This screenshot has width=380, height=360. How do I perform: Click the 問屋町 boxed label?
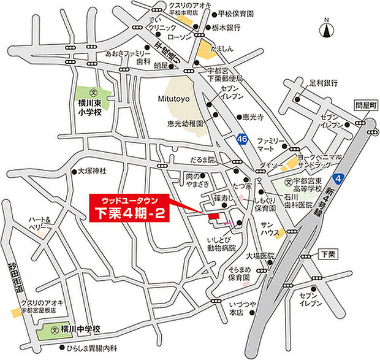[x=363, y=105]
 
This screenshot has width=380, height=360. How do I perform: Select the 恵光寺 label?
[x=253, y=117]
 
